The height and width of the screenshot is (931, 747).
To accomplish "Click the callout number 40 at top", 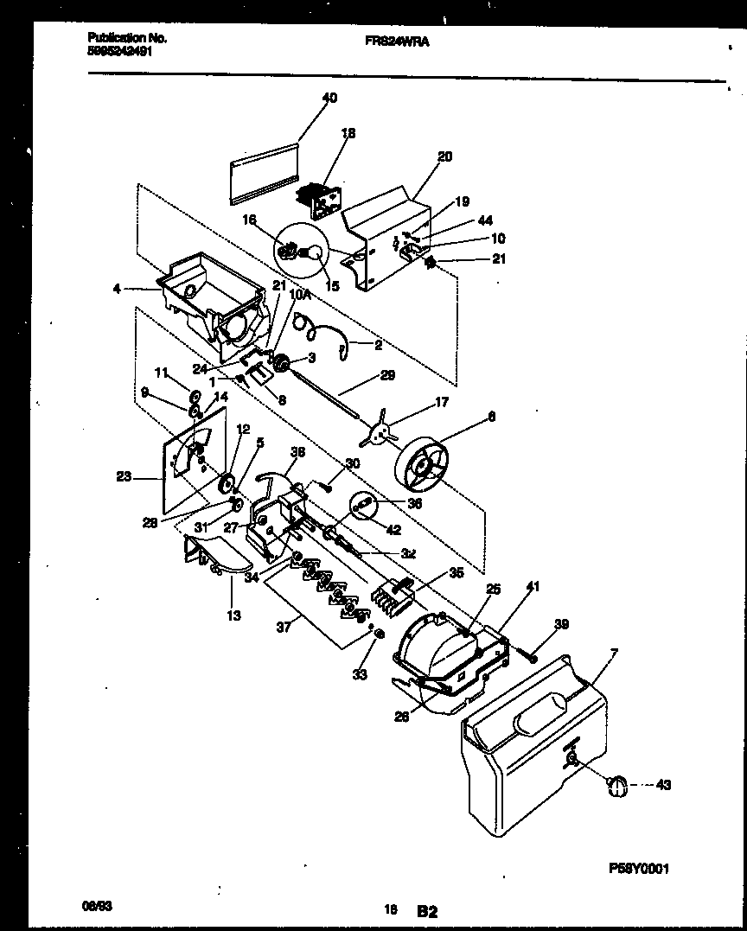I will [329, 98].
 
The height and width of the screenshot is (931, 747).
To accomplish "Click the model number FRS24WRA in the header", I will [389, 39].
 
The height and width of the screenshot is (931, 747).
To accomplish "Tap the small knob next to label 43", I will [616, 783].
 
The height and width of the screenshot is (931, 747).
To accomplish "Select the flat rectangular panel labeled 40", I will [264, 174].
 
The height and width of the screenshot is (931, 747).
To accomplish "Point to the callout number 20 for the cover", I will [444, 156].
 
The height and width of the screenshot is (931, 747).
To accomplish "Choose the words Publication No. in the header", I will [127, 38].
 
